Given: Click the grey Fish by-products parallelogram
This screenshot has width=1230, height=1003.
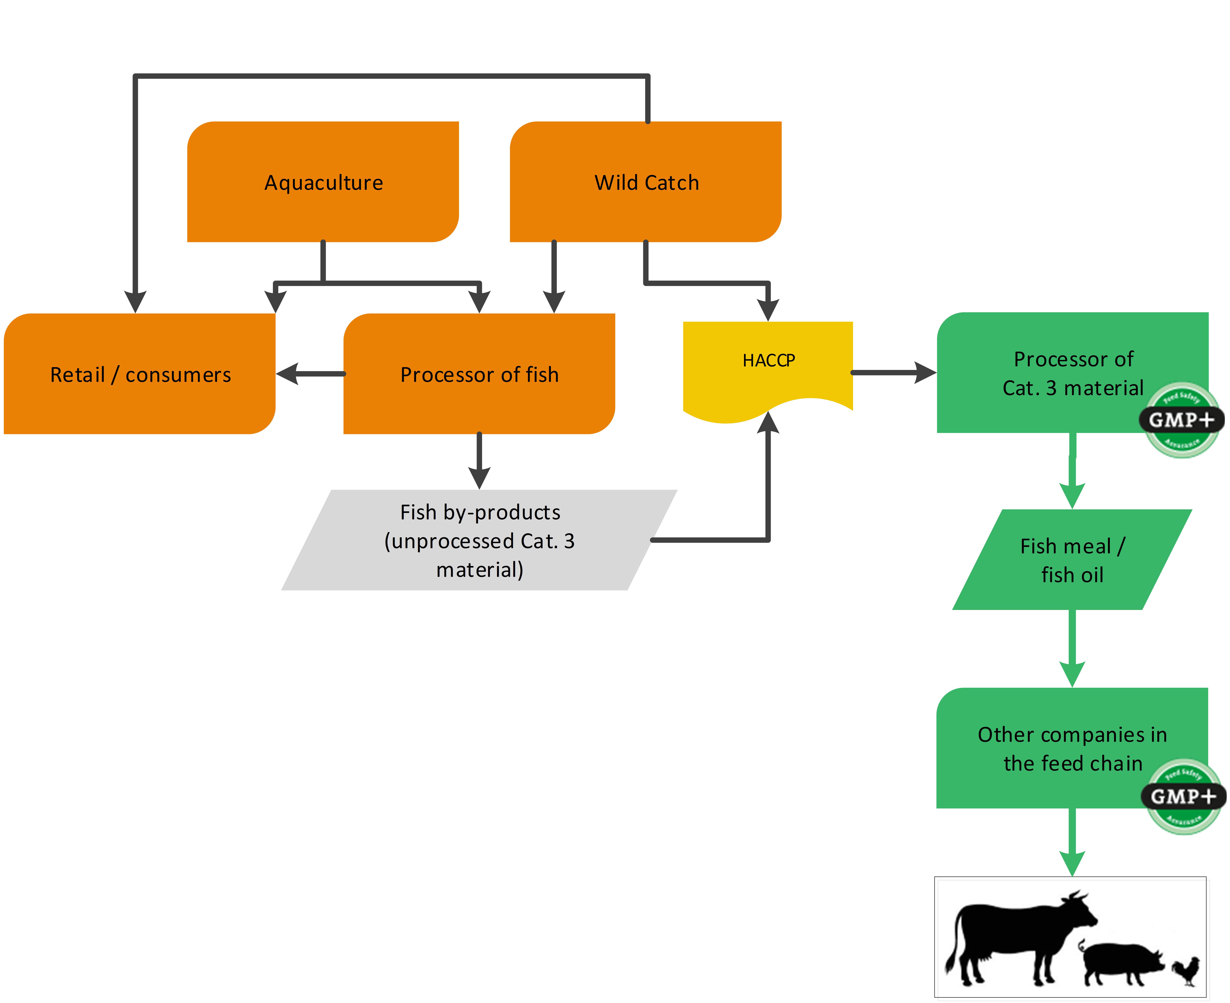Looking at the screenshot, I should pos(479,540).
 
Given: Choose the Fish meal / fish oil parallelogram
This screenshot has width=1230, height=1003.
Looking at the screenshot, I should pos(1072,559).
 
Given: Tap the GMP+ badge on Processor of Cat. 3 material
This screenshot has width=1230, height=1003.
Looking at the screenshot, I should pos(1181,420).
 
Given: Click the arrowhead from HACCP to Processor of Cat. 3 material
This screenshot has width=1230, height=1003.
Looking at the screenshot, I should pos(925,373).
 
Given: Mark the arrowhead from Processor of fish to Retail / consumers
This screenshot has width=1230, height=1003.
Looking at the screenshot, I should pos(288,374).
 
